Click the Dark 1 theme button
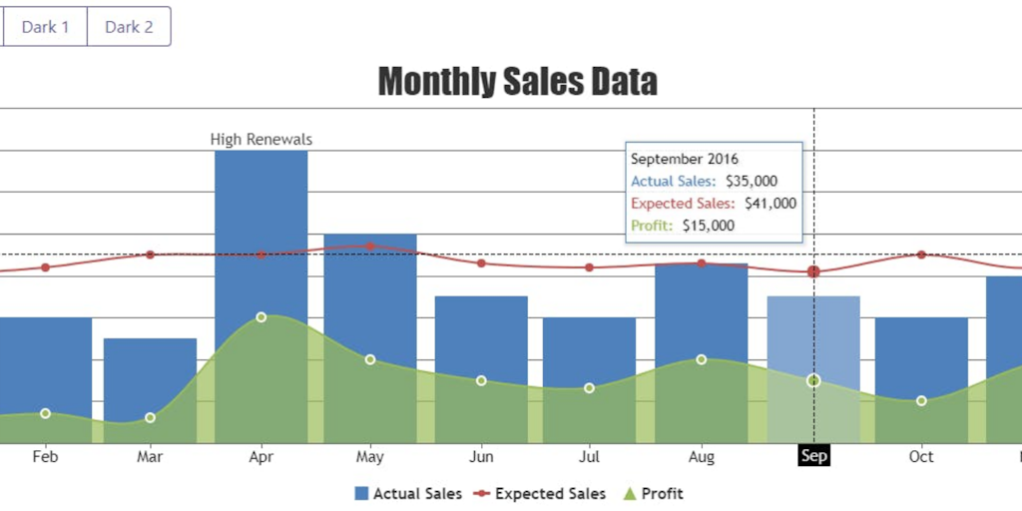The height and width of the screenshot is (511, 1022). click(x=45, y=27)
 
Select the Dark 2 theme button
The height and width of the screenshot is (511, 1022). click(x=129, y=27)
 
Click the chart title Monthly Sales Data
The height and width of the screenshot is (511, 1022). click(x=517, y=81)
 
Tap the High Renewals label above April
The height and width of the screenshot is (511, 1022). click(x=260, y=140)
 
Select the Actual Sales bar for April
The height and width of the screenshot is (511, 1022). click(x=260, y=220)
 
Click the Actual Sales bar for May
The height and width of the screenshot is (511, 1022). click(x=369, y=289)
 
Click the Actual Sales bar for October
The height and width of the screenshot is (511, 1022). click(x=921, y=349)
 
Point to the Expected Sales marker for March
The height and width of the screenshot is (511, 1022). click(x=151, y=255)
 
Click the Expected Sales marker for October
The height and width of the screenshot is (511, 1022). click(x=921, y=255)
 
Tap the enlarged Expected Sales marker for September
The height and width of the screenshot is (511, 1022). click(x=813, y=271)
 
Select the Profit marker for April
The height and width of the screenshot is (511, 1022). click(x=260, y=317)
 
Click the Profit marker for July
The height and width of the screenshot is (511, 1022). click(x=589, y=387)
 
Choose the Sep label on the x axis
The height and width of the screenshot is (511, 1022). click(x=813, y=456)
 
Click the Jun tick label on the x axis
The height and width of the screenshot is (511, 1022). click(x=481, y=457)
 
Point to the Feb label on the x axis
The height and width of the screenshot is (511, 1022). click(x=45, y=457)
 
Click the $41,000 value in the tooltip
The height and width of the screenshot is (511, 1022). click(x=770, y=204)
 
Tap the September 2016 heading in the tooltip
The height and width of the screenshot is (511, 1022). click(x=685, y=159)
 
